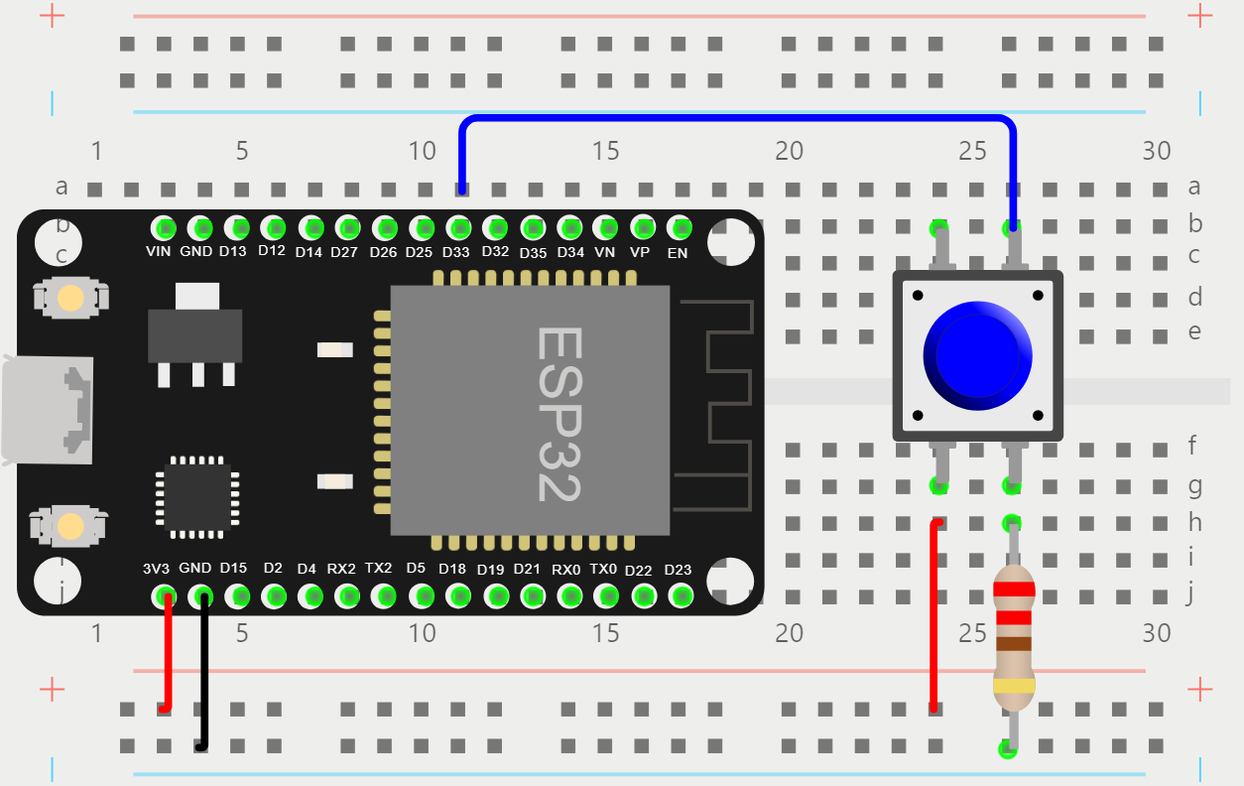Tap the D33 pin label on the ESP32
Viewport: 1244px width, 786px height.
pos(455,252)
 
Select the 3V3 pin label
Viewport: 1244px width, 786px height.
pos(156,569)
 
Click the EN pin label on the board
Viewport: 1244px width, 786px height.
pos(678,253)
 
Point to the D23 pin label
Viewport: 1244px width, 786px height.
pos(678,569)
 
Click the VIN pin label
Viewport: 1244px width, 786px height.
pos(159,252)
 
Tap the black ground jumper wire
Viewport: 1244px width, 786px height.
pos(204,675)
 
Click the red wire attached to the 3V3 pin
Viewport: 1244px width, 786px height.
pos(168,655)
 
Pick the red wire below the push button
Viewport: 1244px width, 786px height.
pos(933,615)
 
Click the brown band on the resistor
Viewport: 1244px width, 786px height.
pos(1014,643)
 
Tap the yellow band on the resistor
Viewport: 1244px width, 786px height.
pos(1014,686)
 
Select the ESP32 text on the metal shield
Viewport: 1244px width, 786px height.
pos(558,414)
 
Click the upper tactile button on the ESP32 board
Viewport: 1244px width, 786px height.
pos(70,298)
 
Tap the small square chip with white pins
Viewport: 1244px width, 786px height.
pos(198,497)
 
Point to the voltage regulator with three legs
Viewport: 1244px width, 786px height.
pos(195,334)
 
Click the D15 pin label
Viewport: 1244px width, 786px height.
pos(233,569)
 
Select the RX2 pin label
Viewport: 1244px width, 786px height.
pos(341,569)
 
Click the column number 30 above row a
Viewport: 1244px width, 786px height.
pos(1156,152)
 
